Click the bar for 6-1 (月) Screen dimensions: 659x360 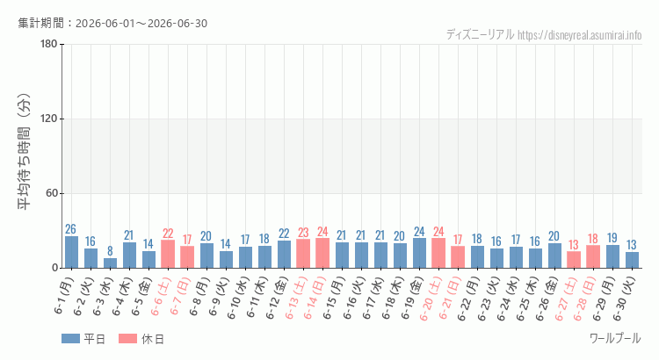click(71, 252)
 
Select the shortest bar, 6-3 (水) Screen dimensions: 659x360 click(110, 263)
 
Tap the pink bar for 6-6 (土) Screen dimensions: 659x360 click(168, 254)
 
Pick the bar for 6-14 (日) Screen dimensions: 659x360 click(322, 253)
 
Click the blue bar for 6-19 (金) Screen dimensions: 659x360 click(419, 253)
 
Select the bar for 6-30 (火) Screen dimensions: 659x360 click(632, 260)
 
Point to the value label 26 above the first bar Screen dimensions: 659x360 click(70, 229)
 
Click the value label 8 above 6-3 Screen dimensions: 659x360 click(110, 251)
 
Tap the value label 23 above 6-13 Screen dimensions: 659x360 click(303, 233)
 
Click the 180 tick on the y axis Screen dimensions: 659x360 click(49, 44)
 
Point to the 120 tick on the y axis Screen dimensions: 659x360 click(49, 119)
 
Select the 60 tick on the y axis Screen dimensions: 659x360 click(52, 194)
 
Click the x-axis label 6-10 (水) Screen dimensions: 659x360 click(239, 297)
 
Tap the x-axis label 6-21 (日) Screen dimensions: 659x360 click(451, 297)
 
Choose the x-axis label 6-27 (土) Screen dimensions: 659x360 click(567, 297)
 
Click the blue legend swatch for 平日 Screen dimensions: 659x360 click(70, 339)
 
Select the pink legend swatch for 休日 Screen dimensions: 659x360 click(127, 339)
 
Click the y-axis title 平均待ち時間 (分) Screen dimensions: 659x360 click(25, 152)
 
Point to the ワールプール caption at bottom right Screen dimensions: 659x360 click(615, 338)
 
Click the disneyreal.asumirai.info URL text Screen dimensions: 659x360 click(580, 35)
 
